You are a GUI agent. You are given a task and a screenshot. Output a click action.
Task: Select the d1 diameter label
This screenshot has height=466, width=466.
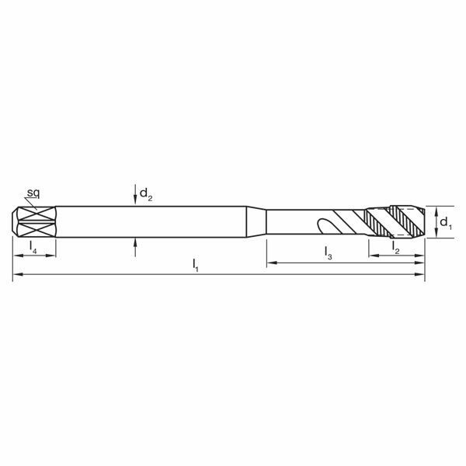(445, 224)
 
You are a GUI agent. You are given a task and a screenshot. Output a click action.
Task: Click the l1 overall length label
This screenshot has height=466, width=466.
(196, 266)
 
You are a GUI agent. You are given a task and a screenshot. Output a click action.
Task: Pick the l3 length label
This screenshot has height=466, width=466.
(329, 252)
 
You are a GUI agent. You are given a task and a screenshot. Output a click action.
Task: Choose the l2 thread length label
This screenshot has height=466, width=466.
(395, 247)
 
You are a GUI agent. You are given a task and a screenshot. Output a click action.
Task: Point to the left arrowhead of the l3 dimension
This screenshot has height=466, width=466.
(271, 264)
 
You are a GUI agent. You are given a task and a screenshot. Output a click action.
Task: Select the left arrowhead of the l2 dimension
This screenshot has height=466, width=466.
(372, 255)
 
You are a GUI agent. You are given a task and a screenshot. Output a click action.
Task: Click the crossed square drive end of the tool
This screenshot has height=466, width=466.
(34, 222)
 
